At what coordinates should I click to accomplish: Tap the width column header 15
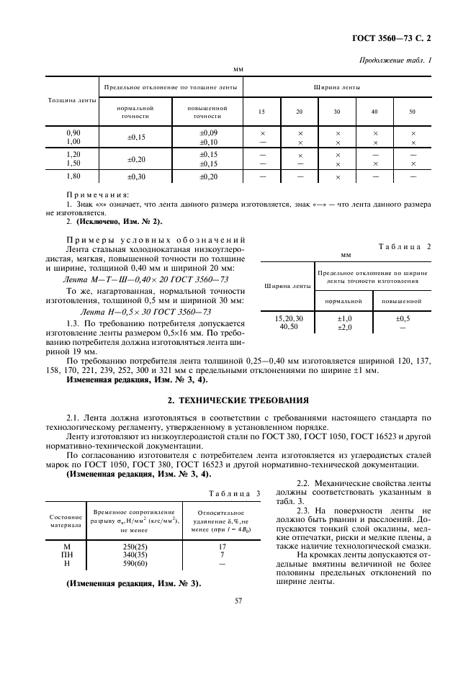[x=261, y=112]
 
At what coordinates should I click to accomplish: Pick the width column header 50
[x=412, y=112]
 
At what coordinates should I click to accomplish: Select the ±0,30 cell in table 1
[x=136, y=176]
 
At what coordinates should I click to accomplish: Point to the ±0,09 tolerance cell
[x=208, y=133]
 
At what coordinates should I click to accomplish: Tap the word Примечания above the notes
[x=97, y=194]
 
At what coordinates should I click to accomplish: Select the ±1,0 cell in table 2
[x=344, y=318]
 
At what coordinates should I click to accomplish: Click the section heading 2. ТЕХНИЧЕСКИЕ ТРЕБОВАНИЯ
[x=238, y=399]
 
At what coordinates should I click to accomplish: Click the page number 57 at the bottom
[x=238, y=619]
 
